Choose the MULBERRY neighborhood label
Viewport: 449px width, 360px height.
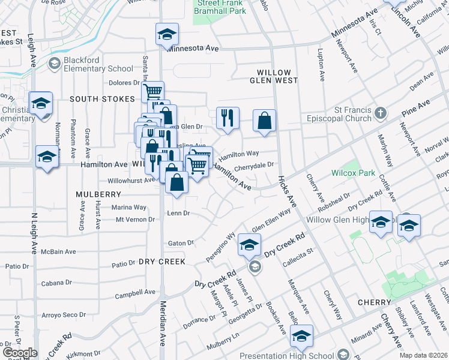(x=99, y=194)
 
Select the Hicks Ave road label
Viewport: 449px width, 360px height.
(x=287, y=191)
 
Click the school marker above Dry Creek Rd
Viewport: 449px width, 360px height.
(x=249, y=244)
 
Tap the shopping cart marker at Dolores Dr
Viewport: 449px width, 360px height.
(x=153, y=91)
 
